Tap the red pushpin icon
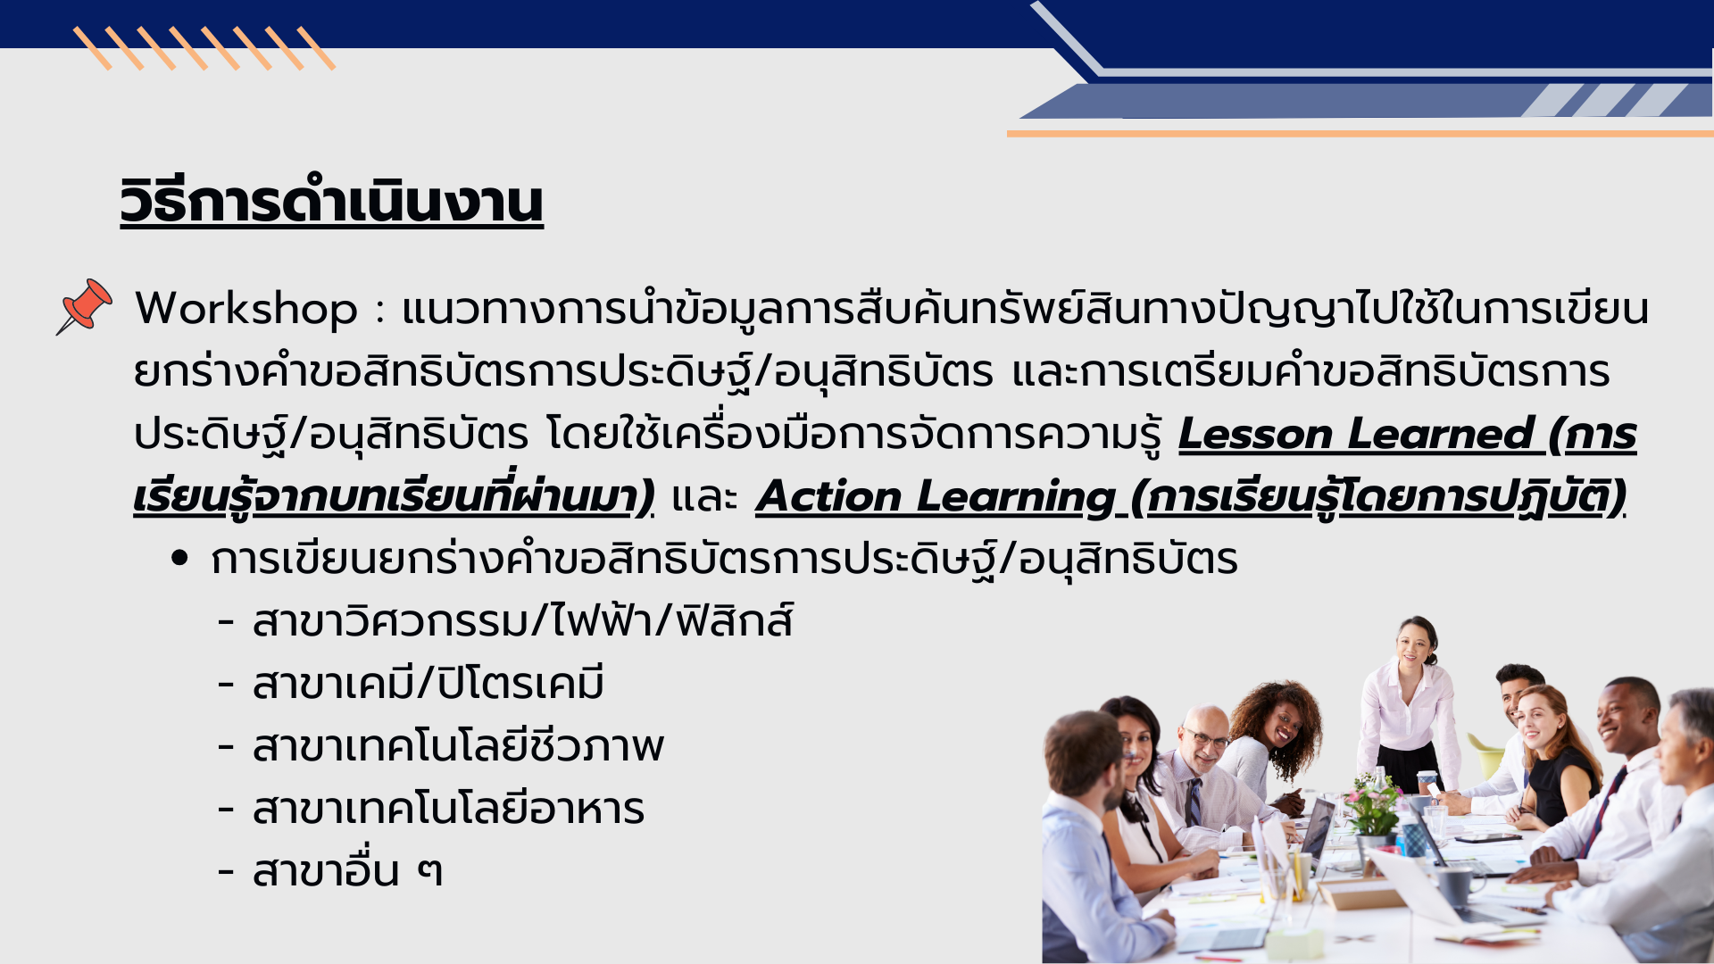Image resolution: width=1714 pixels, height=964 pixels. coord(85,306)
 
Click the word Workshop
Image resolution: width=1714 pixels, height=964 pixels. coord(246,309)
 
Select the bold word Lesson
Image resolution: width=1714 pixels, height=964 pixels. coord(1254,435)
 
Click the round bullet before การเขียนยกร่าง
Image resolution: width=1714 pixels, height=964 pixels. coord(180,559)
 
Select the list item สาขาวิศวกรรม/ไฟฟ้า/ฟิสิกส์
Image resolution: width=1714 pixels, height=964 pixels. coord(522,621)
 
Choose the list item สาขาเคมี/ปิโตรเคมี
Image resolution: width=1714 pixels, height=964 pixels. coord(428,684)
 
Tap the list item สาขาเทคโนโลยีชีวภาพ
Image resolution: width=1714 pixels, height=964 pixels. coord(458,746)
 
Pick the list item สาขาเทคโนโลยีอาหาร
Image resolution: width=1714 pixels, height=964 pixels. coord(448,809)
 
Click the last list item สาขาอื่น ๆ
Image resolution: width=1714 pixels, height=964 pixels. coord(347,871)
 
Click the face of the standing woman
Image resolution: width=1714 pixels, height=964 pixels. coord(1413,643)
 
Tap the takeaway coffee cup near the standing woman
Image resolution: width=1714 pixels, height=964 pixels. coord(1426,782)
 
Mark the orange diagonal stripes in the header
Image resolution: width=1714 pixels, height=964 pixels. coord(204,48)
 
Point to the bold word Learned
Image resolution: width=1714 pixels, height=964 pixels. coord(1441,435)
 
